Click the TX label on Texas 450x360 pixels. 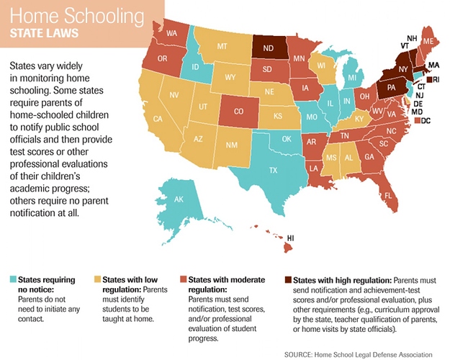pyautogui.click(x=274, y=171)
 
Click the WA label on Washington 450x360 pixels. pyautogui.click(x=171, y=33)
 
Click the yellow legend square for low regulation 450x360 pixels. pyautogui.click(x=98, y=279)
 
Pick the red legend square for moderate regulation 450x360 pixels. pyautogui.click(x=181, y=279)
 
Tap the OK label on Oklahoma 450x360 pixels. pyautogui.click(x=287, y=139)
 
